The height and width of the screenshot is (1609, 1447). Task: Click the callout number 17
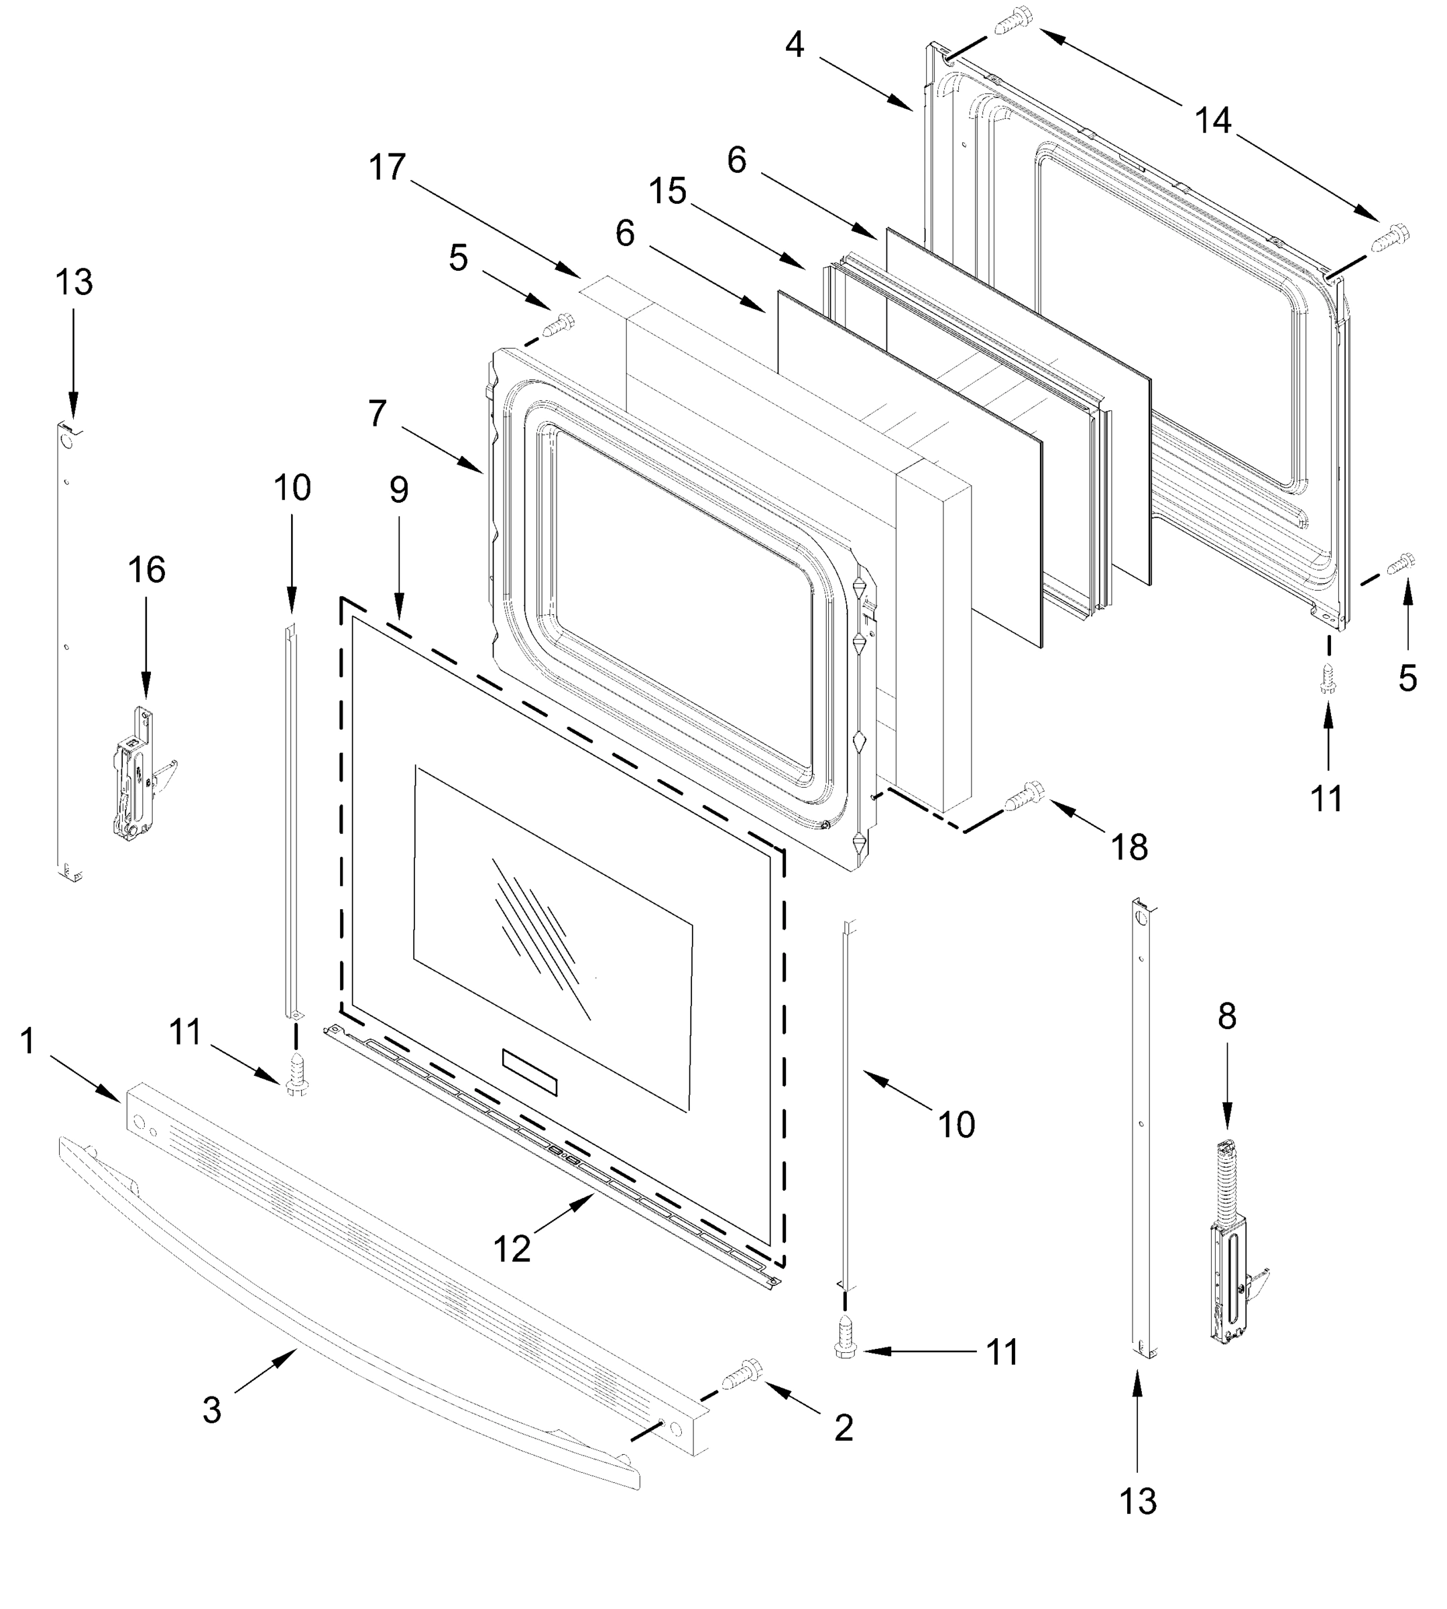click(387, 168)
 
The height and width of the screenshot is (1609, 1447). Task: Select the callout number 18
click(1129, 847)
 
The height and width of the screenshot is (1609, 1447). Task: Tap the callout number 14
click(1212, 121)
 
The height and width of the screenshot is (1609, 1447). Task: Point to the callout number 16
click(146, 570)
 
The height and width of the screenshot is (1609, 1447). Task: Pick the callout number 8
click(1227, 1016)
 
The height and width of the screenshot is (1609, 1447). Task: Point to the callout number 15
click(667, 191)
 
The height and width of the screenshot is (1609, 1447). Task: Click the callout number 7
click(378, 414)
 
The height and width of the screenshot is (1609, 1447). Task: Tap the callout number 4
click(795, 46)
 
